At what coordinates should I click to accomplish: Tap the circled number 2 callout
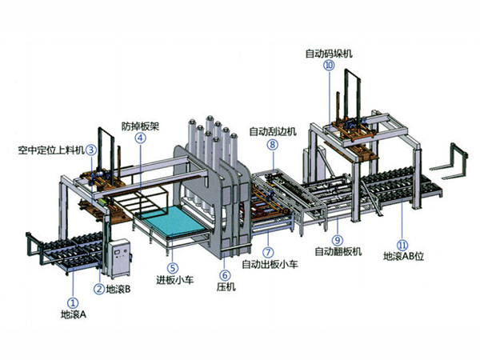pos(98,289)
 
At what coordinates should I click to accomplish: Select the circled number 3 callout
pos(93,149)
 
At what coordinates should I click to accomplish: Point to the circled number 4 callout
pos(141,137)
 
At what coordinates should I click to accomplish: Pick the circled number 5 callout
pos(173,267)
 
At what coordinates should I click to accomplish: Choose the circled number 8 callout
pos(272,145)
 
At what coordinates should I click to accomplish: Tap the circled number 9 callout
pos(337,239)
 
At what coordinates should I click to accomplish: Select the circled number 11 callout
pos(403,245)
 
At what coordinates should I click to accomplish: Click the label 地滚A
pos(74,315)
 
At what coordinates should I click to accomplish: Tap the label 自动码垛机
pos(328,54)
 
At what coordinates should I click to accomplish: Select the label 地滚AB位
pos(403,257)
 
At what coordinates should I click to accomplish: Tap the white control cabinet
pos(119,255)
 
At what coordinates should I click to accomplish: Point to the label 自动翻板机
pos(338,251)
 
